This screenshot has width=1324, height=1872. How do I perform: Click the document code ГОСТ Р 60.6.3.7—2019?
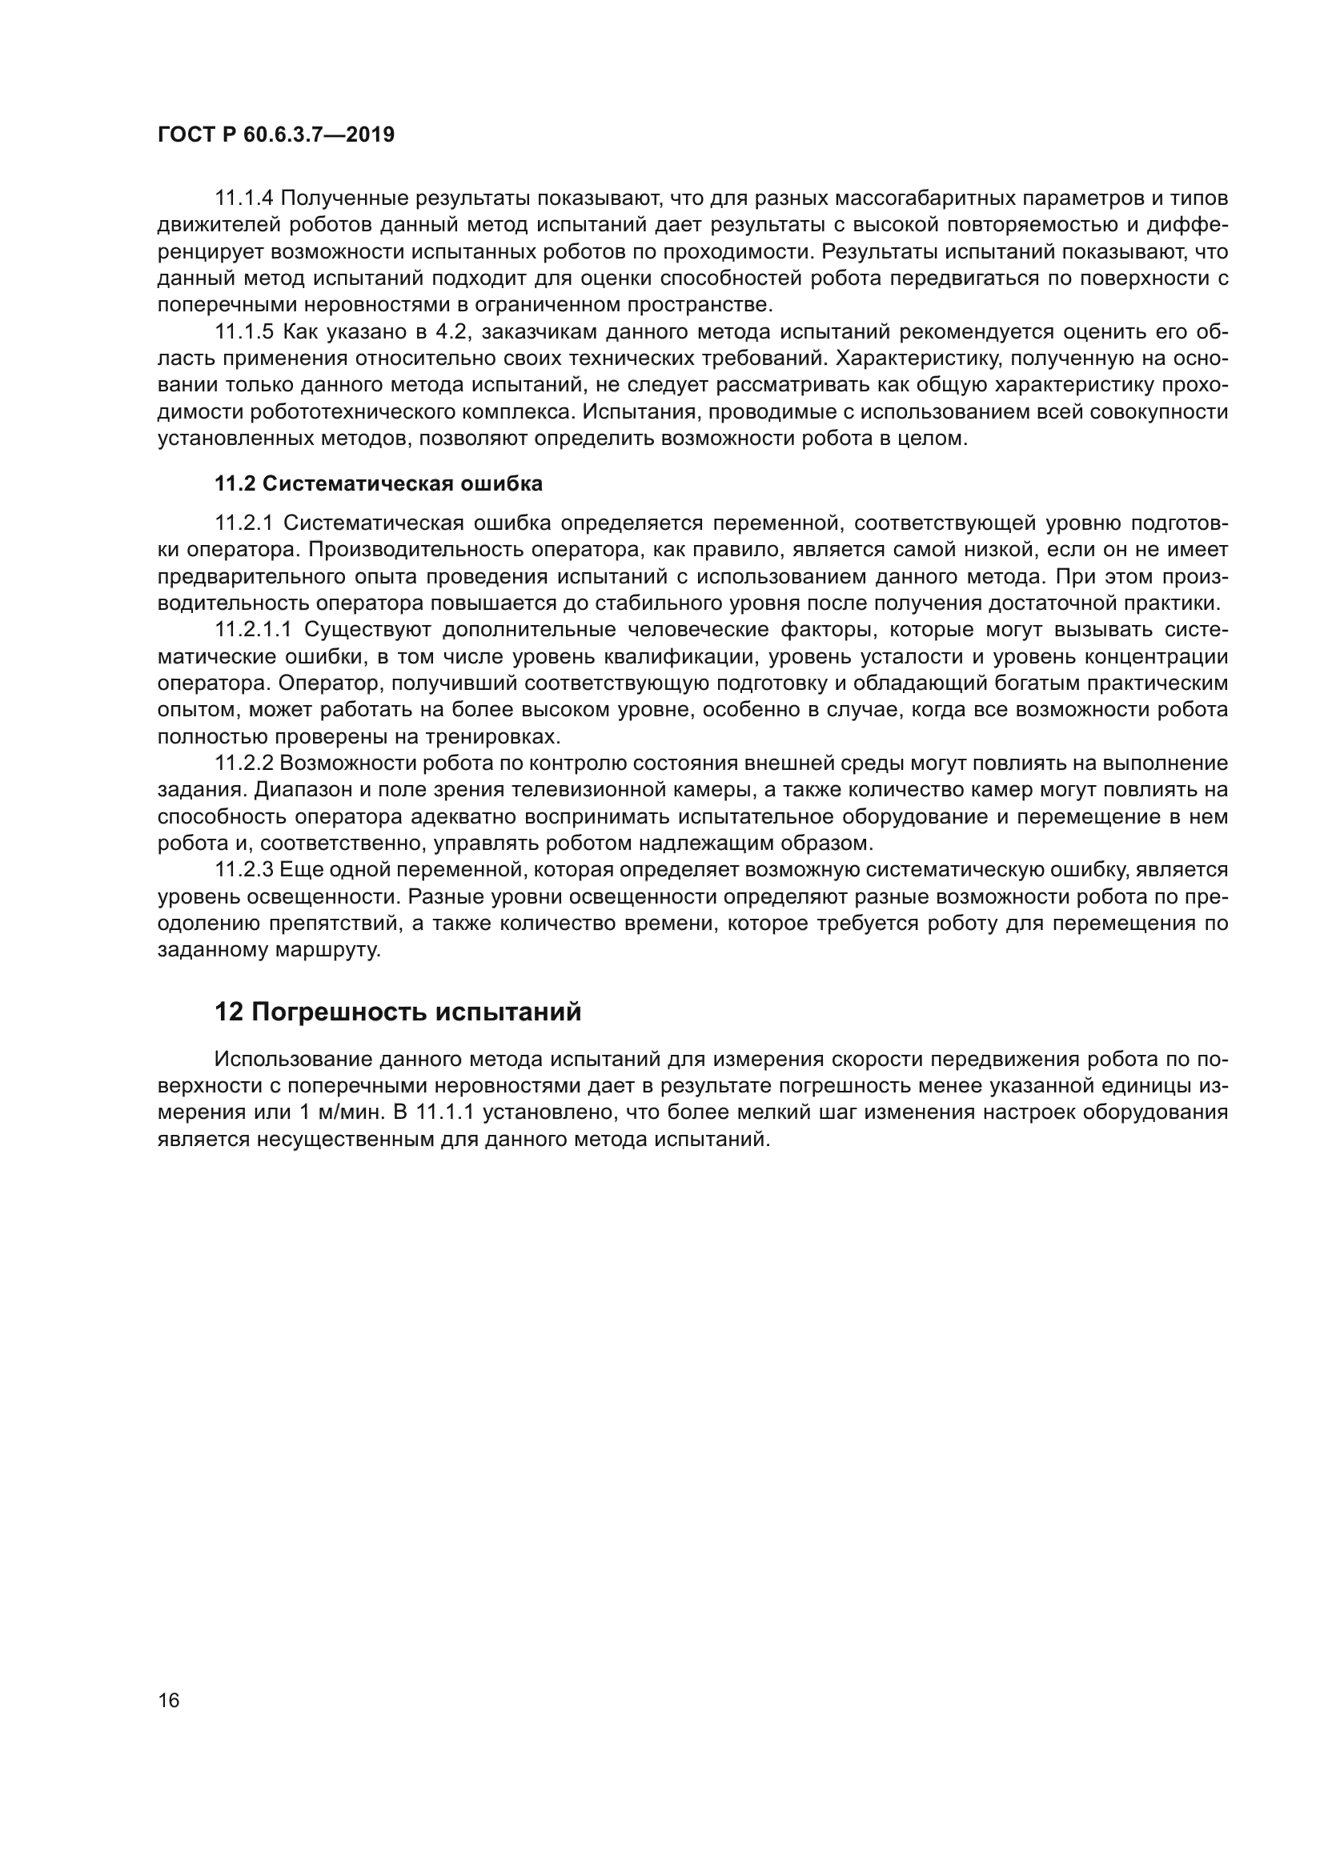[x=275, y=134]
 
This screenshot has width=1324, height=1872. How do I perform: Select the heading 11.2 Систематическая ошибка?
[x=379, y=483]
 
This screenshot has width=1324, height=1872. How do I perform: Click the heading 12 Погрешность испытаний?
[x=398, y=1012]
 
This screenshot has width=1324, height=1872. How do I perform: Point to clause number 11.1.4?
[x=244, y=198]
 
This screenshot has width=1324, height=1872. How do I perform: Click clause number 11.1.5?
[x=244, y=332]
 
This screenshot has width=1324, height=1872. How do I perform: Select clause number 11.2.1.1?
[x=253, y=629]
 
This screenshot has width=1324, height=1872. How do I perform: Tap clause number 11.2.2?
[x=244, y=764]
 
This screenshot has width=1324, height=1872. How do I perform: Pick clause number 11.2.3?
[x=244, y=870]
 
